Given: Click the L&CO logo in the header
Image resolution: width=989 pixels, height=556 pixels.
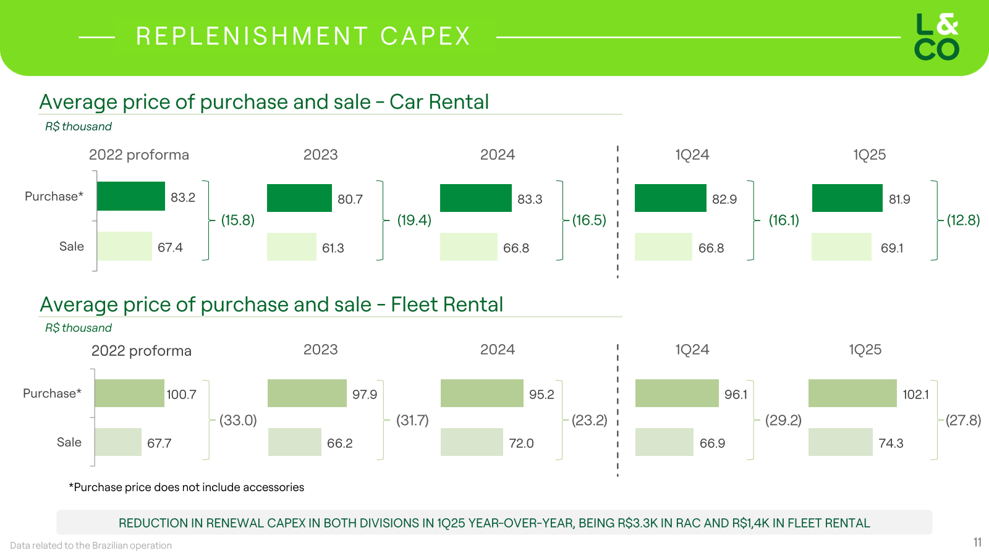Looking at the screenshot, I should [x=936, y=37].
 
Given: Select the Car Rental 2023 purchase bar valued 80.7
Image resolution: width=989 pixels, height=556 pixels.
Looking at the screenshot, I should [x=299, y=198].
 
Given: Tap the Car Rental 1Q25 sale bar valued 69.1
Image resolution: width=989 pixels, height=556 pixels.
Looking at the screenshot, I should [x=841, y=246].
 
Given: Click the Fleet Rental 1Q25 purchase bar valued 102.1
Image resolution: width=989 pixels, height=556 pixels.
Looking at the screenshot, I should [x=852, y=393].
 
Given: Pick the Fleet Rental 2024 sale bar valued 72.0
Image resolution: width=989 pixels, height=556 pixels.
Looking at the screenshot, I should [x=472, y=442].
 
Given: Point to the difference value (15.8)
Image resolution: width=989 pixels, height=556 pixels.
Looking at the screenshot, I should [x=238, y=220].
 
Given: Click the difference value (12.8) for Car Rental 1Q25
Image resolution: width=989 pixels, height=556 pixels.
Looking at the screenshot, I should [x=963, y=220].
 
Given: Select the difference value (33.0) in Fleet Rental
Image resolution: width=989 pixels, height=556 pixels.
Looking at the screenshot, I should [x=238, y=420].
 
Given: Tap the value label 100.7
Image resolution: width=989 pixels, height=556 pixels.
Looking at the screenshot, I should [x=181, y=394].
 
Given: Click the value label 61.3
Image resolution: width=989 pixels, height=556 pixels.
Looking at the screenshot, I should [x=333, y=248].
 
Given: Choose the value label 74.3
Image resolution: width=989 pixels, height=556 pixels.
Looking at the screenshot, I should [x=891, y=443].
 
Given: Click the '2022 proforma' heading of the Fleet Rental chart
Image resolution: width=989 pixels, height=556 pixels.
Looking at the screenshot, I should [x=142, y=351].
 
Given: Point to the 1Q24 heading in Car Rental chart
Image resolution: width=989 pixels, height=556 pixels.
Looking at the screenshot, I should [x=692, y=155].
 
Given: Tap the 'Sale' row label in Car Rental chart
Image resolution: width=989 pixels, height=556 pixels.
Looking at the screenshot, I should [x=72, y=246].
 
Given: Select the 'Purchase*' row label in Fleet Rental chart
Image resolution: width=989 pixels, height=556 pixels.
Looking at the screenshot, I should [x=52, y=394].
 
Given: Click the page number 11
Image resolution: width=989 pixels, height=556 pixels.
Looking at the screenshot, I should [x=977, y=542].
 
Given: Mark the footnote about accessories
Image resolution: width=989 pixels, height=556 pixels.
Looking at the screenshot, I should [x=186, y=487].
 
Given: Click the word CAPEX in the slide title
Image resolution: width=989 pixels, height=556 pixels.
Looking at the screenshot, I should [x=425, y=36].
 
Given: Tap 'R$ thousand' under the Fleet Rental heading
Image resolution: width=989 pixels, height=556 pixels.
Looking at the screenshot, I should [x=79, y=328].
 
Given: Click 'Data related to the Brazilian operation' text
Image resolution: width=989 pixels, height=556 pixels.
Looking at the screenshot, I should [x=91, y=545].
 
